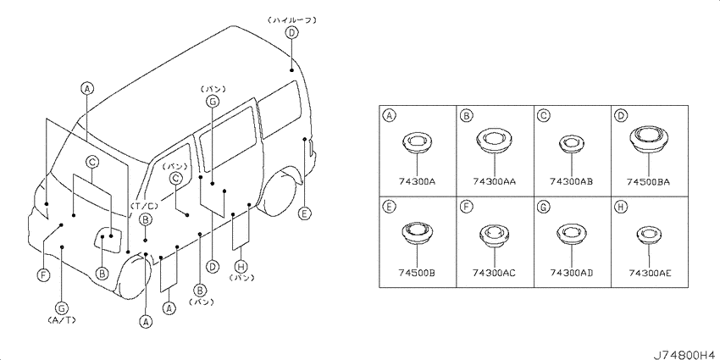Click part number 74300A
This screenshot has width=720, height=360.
(417, 182)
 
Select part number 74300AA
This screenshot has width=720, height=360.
(494, 182)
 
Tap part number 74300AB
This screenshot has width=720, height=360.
(571, 182)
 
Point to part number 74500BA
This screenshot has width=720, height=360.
(648, 182)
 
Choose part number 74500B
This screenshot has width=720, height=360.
(417, 274)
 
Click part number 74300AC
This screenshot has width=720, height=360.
(494, 274)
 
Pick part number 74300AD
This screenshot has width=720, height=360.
(571, 274)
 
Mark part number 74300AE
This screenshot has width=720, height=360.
(651, 274)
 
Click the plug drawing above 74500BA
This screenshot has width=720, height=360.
(648, 139)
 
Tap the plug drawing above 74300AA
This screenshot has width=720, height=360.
(494, 140)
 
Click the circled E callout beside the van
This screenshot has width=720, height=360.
(304, 213)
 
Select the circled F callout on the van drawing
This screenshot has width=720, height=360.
(42, 274)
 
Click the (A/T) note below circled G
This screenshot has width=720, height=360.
(62, 319)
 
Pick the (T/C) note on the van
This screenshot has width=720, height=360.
(144, 206)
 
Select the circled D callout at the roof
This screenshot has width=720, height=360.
(291, 32)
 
